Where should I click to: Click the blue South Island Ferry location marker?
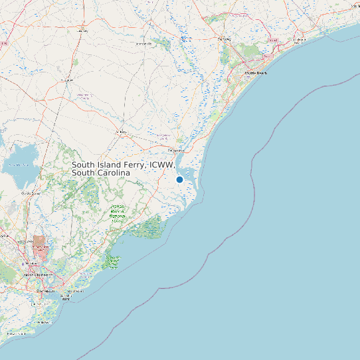[179, 179]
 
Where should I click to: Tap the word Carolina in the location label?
[112, 173]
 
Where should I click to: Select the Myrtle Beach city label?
[256, 72]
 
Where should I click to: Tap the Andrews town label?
[121, 132]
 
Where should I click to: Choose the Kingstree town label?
[66, 80]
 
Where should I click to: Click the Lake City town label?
[82, 31]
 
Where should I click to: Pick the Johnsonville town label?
[143, 44]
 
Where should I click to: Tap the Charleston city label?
[44, 290]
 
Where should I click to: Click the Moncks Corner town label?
[31, 193]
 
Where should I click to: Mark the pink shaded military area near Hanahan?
[40, 245]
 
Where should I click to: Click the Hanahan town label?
[33, 263]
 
